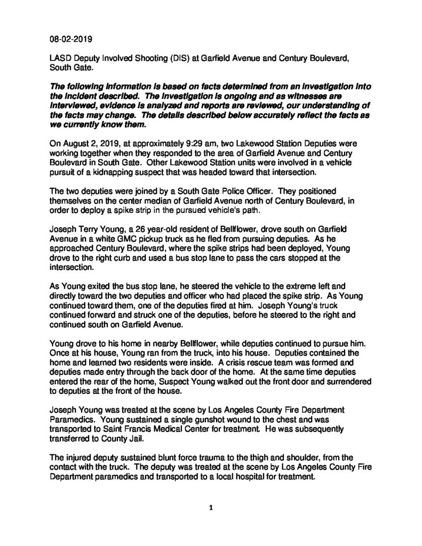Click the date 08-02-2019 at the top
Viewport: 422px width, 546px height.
click(67, 39)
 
